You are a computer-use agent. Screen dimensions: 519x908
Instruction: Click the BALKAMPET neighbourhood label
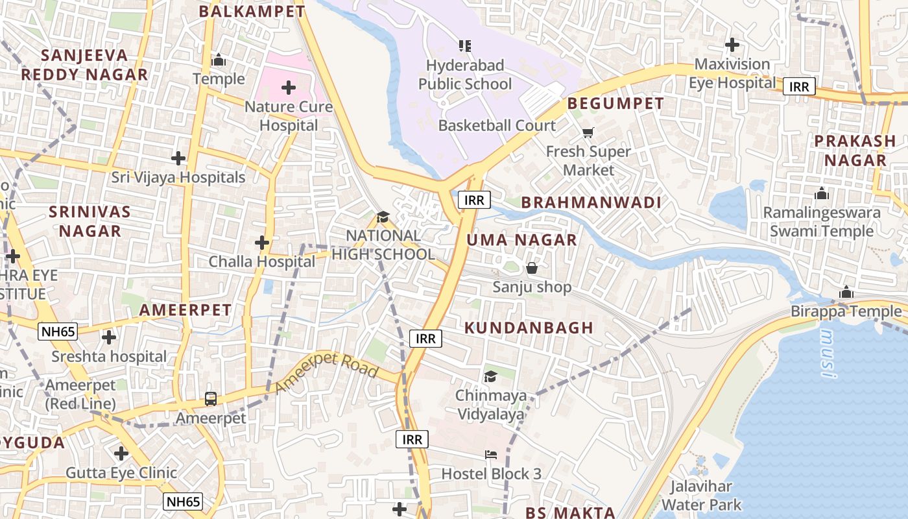click(252, 11)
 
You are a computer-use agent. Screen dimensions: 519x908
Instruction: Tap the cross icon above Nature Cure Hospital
click(289, 88)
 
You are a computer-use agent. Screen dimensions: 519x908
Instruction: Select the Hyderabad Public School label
click(464, 75)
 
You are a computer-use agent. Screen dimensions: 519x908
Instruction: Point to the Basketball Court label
click(497, 125)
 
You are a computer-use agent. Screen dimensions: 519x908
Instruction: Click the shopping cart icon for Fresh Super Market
click(588, 133)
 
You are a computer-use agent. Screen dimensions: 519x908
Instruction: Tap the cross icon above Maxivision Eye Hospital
click(732, 45)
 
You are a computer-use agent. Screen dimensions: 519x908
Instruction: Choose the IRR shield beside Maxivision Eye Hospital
click(798, 86)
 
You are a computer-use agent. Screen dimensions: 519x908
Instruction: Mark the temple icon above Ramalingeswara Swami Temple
click(822, 193)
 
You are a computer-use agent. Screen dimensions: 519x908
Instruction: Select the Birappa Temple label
click(846, 312)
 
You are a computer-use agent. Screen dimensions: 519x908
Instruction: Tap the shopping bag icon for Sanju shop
click(532, 268)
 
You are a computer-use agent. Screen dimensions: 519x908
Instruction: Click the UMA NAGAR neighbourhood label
click(521, 240)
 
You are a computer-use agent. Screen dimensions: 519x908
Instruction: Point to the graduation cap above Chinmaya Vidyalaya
click(490, 376)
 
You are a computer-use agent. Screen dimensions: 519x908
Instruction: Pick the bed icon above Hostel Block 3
click(491, 455)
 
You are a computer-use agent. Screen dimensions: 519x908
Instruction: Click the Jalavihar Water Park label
click(701, 496)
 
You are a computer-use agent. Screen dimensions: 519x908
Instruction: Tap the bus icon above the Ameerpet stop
click(211, 398)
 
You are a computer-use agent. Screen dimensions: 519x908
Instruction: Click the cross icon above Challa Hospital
click(261, 243)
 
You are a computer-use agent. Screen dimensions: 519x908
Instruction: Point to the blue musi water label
click(828, 354)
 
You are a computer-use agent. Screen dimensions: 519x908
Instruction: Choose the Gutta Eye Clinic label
click(121, 473)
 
